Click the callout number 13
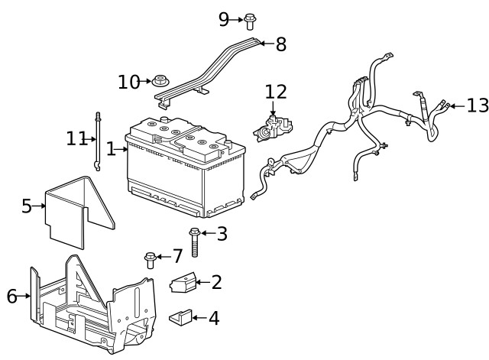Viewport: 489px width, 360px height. (477, 105)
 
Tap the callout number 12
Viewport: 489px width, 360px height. (276, 92)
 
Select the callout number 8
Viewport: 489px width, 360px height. (280, 44)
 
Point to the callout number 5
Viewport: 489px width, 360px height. (27, 206)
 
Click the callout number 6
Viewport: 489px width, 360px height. (11, 296)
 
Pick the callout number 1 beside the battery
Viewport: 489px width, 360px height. (111, 148)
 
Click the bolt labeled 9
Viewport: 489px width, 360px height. (249, 21)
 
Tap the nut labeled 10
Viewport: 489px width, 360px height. (160, 80)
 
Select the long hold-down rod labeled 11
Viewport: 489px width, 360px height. (98, 141)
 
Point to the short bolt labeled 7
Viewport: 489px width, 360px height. (150, 260)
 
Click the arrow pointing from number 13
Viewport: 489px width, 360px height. (456, 105)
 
